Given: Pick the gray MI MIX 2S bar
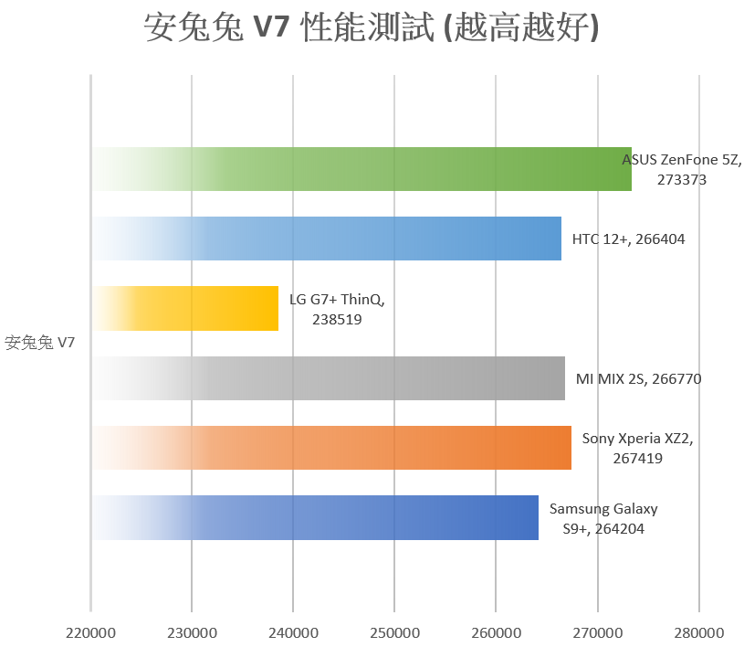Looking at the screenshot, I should (329, 378).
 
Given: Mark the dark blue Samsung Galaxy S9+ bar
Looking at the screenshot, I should (315, 517).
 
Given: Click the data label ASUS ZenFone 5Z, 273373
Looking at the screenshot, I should (681, 169).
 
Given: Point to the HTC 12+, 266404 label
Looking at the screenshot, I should (628, 239).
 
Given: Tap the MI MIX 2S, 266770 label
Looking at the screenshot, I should (638, 378).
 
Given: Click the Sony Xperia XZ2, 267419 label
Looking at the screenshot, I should (637, 448).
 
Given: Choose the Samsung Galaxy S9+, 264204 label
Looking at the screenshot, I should (603, 518).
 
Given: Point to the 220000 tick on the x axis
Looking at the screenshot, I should (90, 631).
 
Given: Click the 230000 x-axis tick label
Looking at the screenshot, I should (192, 631).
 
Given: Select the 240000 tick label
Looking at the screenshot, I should (293, 631).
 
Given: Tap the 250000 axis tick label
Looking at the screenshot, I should (394, 631).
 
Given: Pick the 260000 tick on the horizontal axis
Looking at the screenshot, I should (496, 631).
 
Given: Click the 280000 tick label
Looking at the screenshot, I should (698, 631).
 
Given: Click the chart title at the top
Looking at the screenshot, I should (372, 28).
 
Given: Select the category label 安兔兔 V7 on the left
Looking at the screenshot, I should (40, 344).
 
